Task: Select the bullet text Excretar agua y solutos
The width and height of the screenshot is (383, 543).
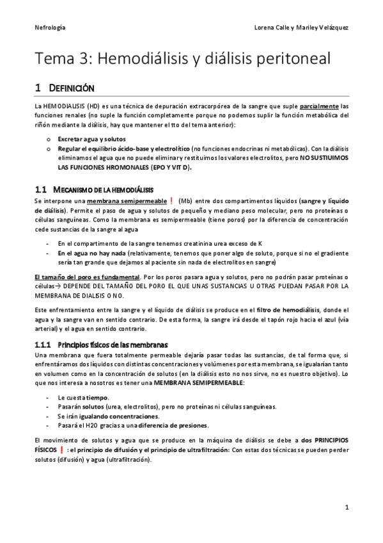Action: click(x=91, y=140)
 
